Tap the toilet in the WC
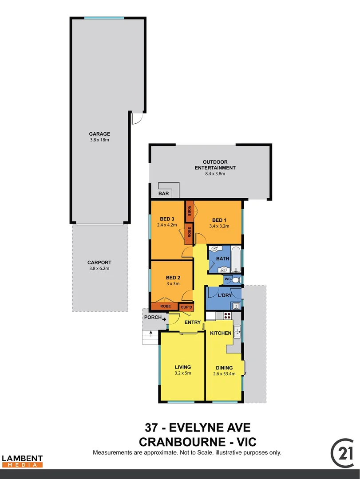click(x=235, y=280)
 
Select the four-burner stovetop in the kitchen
click(x=227, y=316)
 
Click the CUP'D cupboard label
click(x=186, y=307)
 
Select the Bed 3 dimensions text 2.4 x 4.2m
click(x=167, y=225)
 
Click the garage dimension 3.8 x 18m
click(x=99, y=140)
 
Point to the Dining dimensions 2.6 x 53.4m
click(x=224, y=374)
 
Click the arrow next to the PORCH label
click(x=164, y=318)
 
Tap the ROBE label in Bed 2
click(x=165, y=306)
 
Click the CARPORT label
click(x=99, y=262)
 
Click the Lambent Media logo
click(x=22, y=461)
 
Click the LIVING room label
click(x=183, y=367)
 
